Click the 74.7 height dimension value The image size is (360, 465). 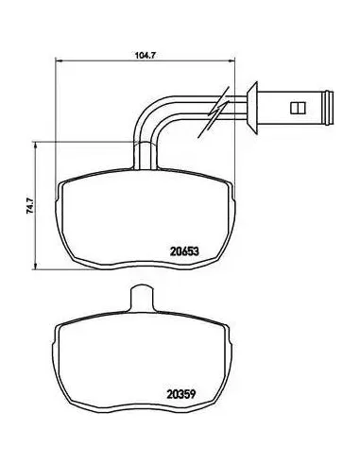30,206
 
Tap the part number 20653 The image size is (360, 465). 184,251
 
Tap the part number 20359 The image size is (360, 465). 181,394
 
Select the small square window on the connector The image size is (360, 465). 298,108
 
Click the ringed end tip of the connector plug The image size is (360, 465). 330,108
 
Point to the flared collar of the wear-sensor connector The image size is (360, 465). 252,108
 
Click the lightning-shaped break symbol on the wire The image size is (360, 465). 214,111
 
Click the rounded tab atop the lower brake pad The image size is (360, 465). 142,296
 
